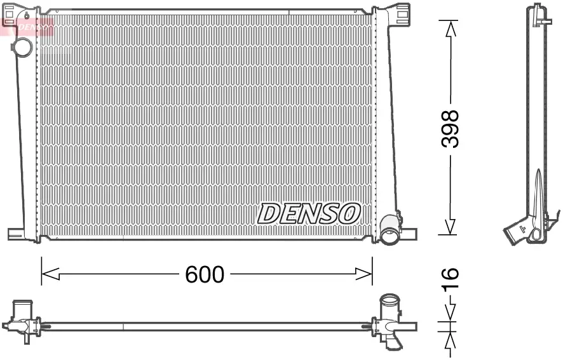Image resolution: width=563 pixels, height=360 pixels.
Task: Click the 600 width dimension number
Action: point(205,274)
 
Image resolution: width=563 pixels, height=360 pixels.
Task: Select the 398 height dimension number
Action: point(450,128)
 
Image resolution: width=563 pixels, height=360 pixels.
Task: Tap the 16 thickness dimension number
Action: point(449,279)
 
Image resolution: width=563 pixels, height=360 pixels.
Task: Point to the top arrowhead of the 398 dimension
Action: point(450,29)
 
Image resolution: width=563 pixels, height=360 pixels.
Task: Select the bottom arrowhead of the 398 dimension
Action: point(450,227)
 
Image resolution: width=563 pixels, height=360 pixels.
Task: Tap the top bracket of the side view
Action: point(537,13)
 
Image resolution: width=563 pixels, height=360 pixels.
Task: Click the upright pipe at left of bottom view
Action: point(25,309)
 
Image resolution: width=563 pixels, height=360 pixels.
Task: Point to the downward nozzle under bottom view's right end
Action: point(395,343)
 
